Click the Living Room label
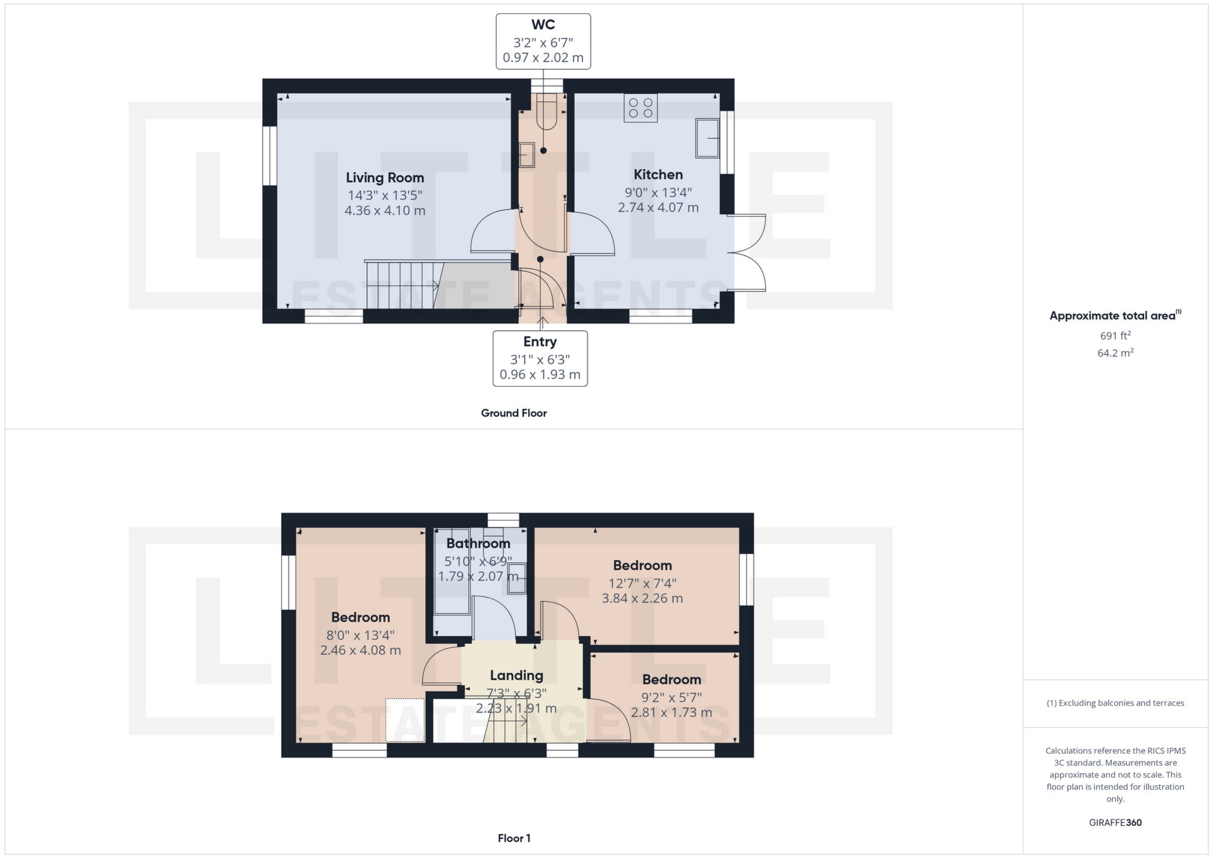coord(384,178)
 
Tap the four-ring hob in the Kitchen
coord(640,108)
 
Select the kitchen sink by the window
coord(707,138)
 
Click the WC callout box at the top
coord(543,41)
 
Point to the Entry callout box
coord(540,358)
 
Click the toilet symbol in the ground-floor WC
coord(546,114)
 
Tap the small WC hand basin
coord(526,155)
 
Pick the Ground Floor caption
coord(514,413)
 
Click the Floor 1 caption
coord(514,838)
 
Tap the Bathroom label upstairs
coord(478,543)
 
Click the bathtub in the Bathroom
coord(452,572)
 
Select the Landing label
coord(516,675)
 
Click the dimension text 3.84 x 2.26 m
coord(642,598)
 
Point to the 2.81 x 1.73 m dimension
coord(671,713)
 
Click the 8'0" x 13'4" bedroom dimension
coord(360,635)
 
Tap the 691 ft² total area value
coord(1115,335)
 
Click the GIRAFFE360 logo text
coord(1115,823)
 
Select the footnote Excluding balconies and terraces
coord(1115,703)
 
